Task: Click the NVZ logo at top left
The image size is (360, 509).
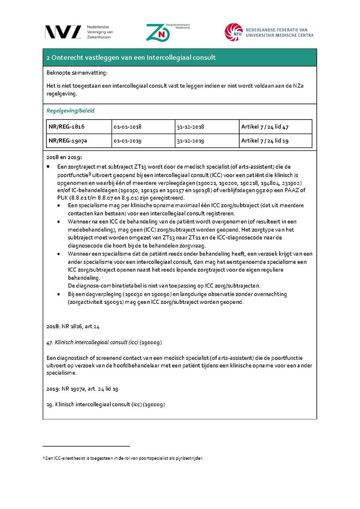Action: point(63,32)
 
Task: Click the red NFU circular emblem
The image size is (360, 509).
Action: point(233,32)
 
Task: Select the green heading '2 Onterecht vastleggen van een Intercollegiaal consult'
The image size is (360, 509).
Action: point(131,58)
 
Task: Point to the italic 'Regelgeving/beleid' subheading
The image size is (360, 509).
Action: point(70,111)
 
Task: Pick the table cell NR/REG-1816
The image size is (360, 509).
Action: point(66,127)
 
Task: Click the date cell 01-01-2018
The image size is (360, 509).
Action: point(127,127)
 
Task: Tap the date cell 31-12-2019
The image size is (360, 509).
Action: point(190,141)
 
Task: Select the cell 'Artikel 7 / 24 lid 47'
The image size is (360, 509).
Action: point(265,127)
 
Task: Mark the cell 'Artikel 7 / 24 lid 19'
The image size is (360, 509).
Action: point(265,141)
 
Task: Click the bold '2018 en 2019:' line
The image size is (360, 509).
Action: point(64,157)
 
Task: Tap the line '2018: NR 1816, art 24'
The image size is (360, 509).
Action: point(73,326)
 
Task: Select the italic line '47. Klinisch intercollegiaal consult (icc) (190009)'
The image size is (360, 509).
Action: point(104,343)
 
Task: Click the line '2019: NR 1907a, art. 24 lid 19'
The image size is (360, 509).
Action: point(82,389)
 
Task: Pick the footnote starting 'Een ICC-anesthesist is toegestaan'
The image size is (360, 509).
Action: point(124,458)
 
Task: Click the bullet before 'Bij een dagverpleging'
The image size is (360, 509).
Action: point(59,294)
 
